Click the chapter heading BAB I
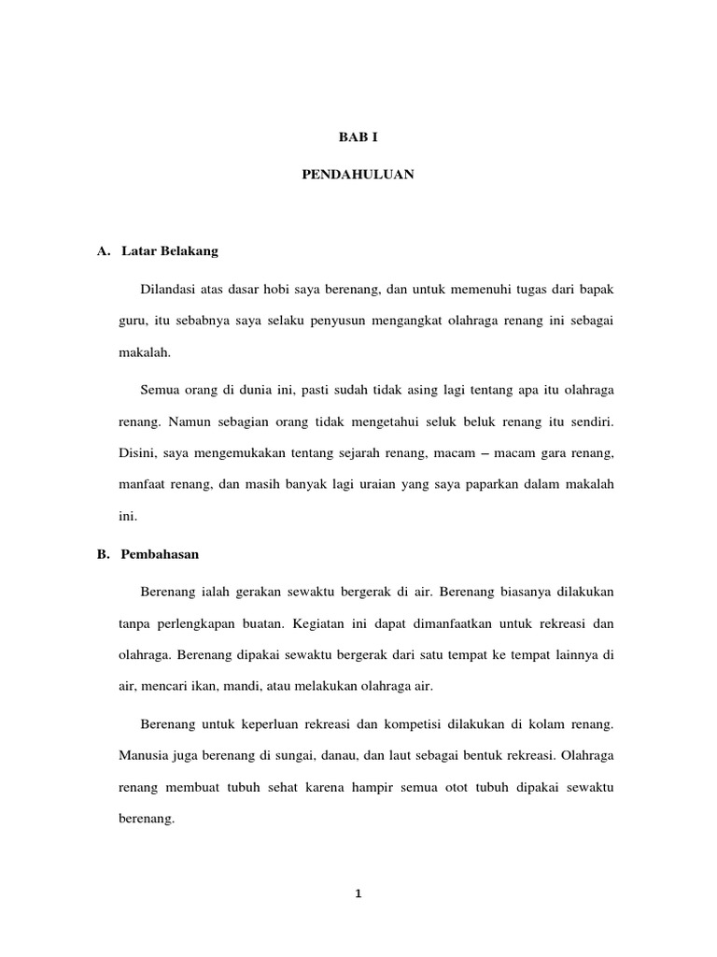[358, 136]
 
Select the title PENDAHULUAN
[358, 174]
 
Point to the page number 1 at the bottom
[358, 893]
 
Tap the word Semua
[158, 389]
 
